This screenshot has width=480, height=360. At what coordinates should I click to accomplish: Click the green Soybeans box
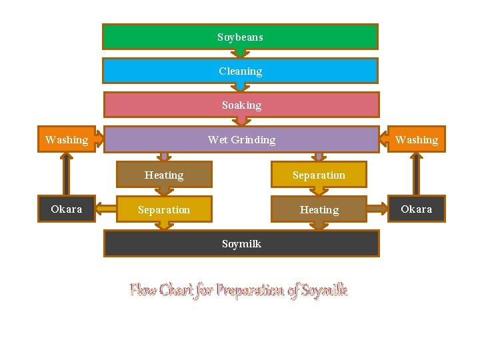tap(240, 37)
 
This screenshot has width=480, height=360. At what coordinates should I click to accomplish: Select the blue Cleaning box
tap(240, 71)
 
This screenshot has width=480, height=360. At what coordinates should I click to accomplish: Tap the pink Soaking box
tap(241, 105)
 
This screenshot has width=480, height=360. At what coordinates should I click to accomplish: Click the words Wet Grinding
tap(241, 139)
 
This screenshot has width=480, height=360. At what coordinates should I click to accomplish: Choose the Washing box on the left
tap(66, 139)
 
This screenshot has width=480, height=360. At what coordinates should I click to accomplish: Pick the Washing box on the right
tap(417, 139)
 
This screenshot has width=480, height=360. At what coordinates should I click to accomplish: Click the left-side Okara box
tap(66, 209)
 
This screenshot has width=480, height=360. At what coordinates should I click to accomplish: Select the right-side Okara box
tap(417, 209)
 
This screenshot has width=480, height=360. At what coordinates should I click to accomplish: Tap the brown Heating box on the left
tap(164, 175)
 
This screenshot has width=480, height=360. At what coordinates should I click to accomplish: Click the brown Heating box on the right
tap(319, 209)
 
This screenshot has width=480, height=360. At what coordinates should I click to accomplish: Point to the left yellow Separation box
tap(164, 209)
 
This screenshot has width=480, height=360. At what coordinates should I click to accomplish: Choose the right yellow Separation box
tap(319, 175)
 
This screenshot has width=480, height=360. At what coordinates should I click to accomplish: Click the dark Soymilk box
tap(241, 243)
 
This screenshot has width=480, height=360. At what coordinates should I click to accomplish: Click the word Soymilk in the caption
tap(325, 290)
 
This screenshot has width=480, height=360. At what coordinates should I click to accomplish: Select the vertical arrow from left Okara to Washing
tap(66, 174)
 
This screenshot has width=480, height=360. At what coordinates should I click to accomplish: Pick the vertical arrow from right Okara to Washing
tap(417, 174)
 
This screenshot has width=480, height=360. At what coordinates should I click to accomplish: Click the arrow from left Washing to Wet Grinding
tap(101, 139)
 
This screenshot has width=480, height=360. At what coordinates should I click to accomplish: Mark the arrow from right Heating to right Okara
tap(378, 209)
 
